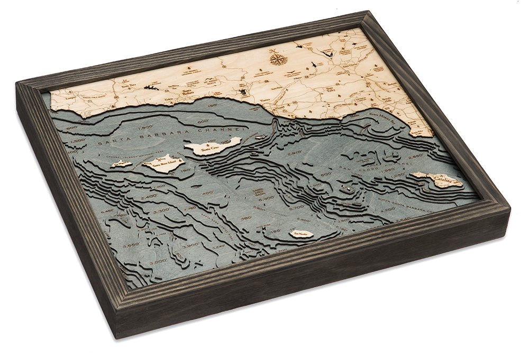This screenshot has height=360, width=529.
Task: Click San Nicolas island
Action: point(300,233)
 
